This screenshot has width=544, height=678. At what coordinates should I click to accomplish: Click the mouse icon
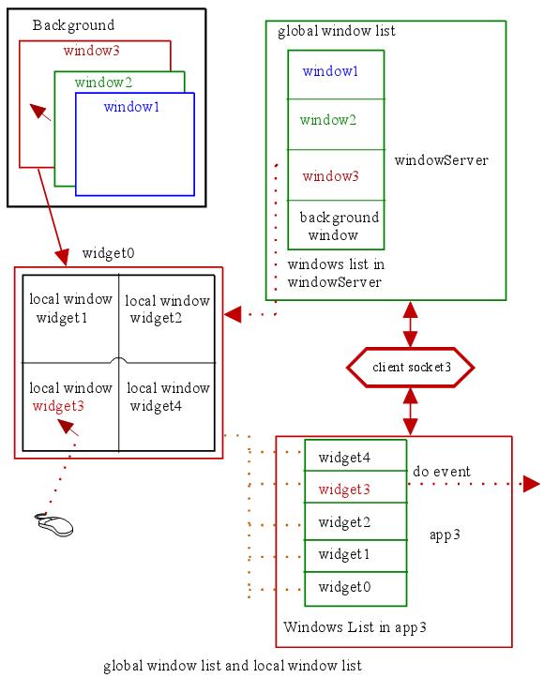(x=54, y=524)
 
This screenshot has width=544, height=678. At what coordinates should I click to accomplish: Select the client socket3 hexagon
(x=411, y=367)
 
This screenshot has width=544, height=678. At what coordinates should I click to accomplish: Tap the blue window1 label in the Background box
(x=132, y=106)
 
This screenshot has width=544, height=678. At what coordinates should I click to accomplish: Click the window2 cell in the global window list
(x=336, y=124)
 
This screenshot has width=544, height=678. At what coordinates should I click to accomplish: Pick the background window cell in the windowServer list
(x=336, y=225)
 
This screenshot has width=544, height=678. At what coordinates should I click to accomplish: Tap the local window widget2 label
(x=167, y=309)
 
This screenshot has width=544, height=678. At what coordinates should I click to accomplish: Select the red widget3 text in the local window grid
(x=58, y=406)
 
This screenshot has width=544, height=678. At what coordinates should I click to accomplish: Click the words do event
(x=442, y=472)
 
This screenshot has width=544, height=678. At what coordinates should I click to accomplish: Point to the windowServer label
(x=442, y=160)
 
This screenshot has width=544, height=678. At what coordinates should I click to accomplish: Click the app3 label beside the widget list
(x=445, y=535)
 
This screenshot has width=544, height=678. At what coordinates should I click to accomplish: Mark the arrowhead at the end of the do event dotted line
(x=532, y=484)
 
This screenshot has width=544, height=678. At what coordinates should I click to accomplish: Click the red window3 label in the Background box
(x=92, y=51)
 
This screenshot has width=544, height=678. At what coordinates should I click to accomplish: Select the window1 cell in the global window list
(x=336, y=75)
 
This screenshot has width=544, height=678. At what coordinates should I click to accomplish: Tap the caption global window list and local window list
(x=233, y=666)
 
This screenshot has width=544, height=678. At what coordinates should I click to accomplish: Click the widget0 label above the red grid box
(x=109, y=253)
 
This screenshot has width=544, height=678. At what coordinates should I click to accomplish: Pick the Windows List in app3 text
(x=355, y=627)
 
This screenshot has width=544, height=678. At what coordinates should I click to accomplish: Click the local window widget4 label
(x=168, y=397)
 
